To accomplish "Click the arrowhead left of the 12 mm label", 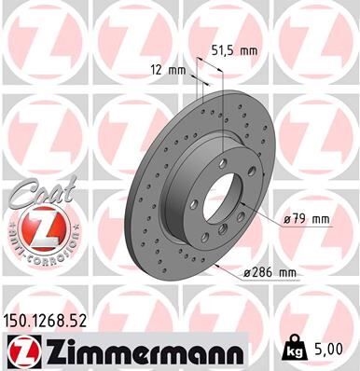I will point(191,71).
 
